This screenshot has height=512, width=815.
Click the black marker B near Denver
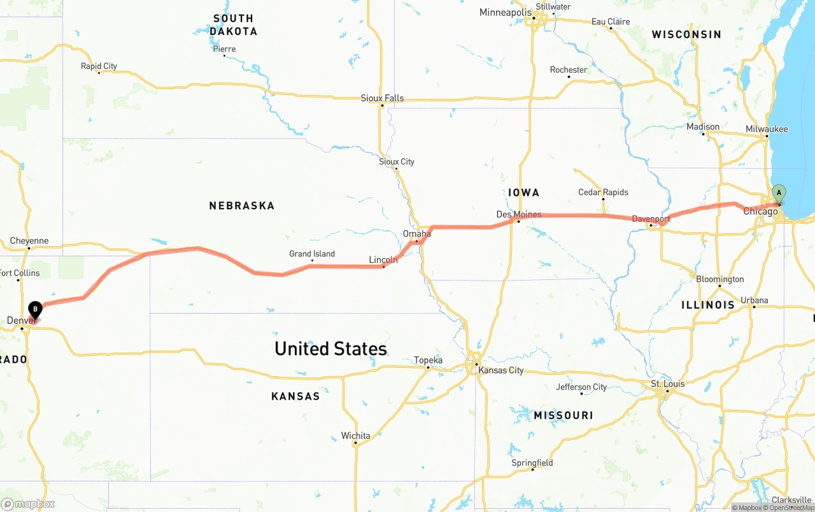[x=36, y=310]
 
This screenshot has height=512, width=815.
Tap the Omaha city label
[x=417, y=234]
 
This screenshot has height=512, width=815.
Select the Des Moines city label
[x=519, y=214]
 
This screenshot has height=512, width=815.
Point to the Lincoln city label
[x=383, y=260]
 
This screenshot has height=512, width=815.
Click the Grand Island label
[x=312, y=254]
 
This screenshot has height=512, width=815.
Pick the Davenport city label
[x=651, y=219]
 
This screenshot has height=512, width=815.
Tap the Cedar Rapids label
[x=603, y=192]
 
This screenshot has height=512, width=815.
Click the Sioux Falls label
[x=382, y=98]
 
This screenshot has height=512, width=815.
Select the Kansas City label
[x=501, y=370]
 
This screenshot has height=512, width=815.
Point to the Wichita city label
[x=355, y=435]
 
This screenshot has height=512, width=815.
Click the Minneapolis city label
[x=505, y=13]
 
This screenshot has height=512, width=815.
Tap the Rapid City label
[x=99, y=66]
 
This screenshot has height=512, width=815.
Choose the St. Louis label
[x=667, y=384]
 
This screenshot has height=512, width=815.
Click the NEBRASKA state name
[x=241, y=205]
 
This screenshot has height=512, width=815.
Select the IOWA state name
[x=523, y=193]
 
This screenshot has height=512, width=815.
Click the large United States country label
[x=330, y=348]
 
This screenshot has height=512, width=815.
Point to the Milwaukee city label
[x=767, y=129]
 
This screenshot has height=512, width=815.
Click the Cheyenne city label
[x=29, y=240]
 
